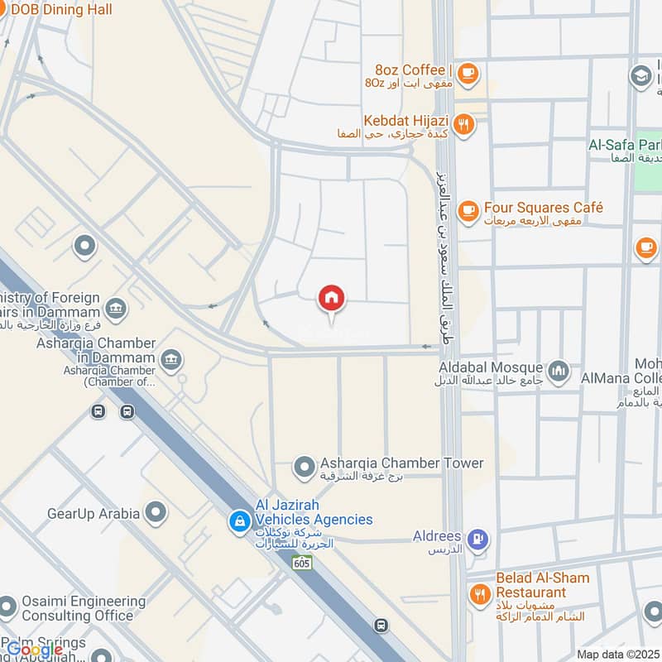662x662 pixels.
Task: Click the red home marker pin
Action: pyautogui.click(x=332, y=298)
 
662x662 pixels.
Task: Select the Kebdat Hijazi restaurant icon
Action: pyautogui.click(x=465, y=124)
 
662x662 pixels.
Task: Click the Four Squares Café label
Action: pyautogui.click(x=544, y=208)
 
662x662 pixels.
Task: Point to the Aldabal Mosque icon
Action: pyautogui.click(x=559, y=369)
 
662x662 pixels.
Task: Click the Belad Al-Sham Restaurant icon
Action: pyautogui.click(x=479, y=593)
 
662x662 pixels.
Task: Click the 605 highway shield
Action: pyautogui.click(x=301, y=563)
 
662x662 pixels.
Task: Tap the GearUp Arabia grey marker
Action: pyautogui.click(x=155, y=513)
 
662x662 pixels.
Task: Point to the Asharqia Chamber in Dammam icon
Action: pyautogui.click(x=172, y=358)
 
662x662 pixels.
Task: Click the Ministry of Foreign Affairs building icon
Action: pyautogui.click(x=117, y=309)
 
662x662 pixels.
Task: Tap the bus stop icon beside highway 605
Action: pyautogui.click(x=380, y=625)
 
